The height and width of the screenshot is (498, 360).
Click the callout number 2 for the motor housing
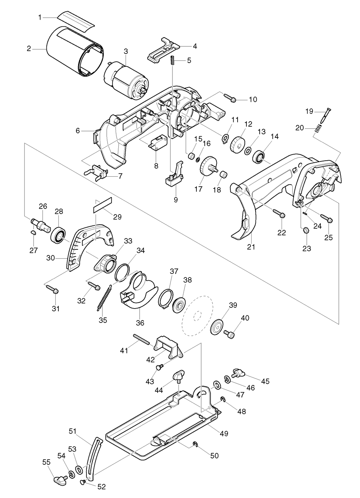tap(29, 49)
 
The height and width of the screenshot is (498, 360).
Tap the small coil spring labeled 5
tap(173, 61)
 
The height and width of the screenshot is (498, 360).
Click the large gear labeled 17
tap(209, 167)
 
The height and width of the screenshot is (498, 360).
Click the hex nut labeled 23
tap(305, 231)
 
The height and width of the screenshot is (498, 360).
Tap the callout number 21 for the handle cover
tap(250, 247)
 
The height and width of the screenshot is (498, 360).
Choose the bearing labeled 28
tap(58, 235)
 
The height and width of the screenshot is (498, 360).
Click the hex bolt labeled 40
tap(230, 333)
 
